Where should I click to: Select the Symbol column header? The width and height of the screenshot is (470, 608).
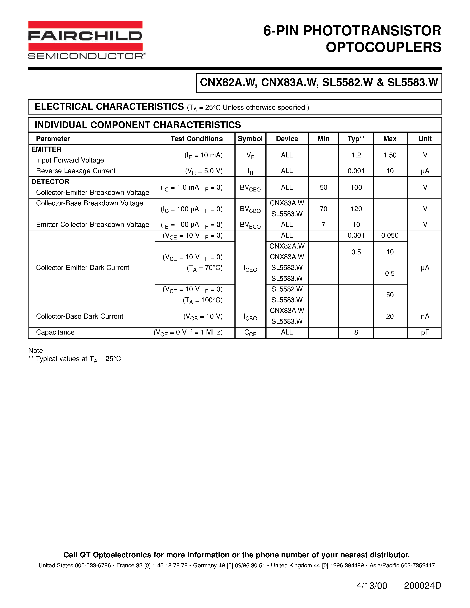(250, 139)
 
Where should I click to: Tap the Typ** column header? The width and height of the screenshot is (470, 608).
(356, 139)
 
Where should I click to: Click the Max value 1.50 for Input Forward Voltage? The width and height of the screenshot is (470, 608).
(390, 155)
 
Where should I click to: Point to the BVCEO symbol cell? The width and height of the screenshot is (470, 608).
(250, 188)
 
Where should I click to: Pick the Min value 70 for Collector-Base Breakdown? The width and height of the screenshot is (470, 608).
(323, 209)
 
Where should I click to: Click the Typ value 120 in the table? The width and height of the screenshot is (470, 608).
(356, 209)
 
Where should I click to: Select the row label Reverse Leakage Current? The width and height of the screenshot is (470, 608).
(76, 171)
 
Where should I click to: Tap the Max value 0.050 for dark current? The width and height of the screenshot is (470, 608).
(390, 235)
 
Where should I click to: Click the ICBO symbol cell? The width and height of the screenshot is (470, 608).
(250, 317)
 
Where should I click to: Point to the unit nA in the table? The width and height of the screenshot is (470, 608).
(425, 316)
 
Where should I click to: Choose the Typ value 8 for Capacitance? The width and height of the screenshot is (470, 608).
(356, 332)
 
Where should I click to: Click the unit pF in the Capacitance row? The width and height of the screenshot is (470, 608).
(425, 332)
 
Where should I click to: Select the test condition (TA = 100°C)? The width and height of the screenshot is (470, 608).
(202, 300)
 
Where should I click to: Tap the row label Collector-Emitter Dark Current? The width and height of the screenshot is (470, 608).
(83, 268)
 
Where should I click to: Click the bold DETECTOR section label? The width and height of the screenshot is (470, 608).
(50, 182)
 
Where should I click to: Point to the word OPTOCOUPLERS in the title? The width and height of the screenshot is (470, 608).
(383, 47)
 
